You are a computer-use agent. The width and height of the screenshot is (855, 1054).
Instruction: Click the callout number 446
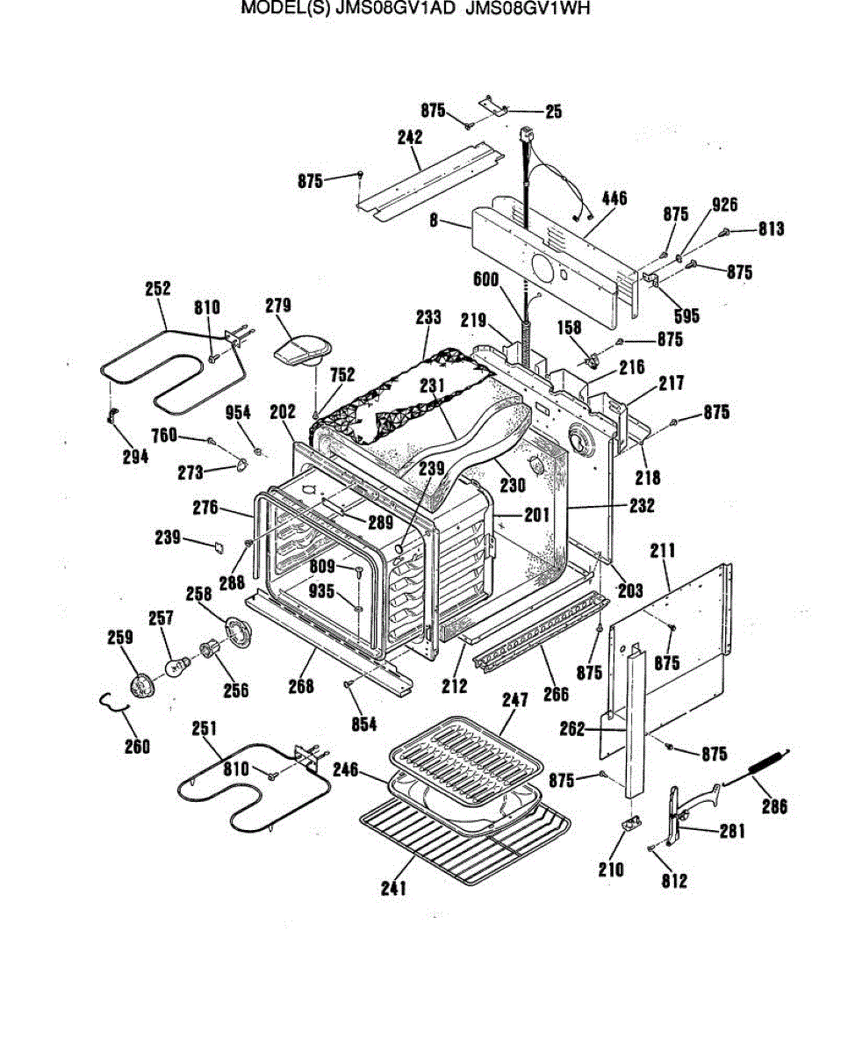[614, 199]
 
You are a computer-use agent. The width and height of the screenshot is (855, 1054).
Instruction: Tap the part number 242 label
[409, 137]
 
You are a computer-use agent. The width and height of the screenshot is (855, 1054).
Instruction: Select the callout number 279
[278, 306]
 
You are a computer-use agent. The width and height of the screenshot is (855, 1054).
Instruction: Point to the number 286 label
[774, 805]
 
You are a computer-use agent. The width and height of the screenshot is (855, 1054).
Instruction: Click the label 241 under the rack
[394, 888]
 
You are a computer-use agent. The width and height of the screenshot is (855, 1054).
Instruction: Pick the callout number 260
[137, 746]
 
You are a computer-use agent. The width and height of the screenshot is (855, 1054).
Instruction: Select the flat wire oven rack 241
[465, 834]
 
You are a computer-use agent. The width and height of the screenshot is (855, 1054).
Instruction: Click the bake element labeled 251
[255, 790]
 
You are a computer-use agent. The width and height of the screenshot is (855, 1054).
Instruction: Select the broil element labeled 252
[167, 373]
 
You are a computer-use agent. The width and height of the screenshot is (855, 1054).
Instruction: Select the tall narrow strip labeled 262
[634, 720]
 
